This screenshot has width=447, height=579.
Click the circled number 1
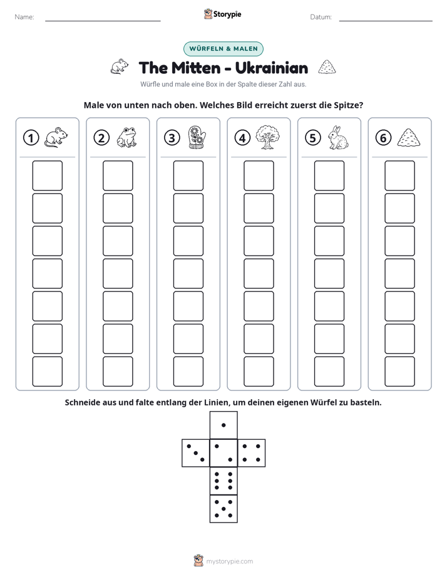pos(31,138)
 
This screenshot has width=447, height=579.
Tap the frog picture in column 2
pos(127,137)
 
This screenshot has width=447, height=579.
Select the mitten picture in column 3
pos(197,137)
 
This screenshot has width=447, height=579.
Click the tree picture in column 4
pos(268,137)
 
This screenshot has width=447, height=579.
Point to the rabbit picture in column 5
pos(338,137)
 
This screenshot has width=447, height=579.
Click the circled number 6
pos(383,138)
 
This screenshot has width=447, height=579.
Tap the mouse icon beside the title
pos(120,66)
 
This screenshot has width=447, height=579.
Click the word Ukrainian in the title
pos(272,68)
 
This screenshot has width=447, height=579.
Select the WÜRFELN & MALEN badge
pos(223,49)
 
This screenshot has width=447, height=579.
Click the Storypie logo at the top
pos(223,14)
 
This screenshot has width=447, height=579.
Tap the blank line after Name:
pos(103,21)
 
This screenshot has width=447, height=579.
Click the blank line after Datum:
pos(386,21)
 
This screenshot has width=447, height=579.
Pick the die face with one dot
pos(223,425)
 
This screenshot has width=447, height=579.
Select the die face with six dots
pos(223,481)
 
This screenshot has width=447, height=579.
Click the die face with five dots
pos(223,509)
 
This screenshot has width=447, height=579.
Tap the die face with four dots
pos(252,453)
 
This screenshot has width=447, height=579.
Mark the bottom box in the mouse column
pos(48,372)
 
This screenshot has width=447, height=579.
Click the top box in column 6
pos(400,175)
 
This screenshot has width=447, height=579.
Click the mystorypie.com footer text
pos(229,561)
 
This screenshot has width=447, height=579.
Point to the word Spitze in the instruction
pos(349,105)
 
